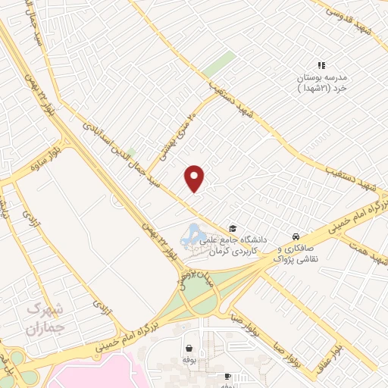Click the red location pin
coord(196,178)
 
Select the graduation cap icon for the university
coord(234,228)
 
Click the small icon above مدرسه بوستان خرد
coord(321,66)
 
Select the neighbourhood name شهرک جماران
coord(42,318)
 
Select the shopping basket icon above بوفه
coord(187,349)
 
